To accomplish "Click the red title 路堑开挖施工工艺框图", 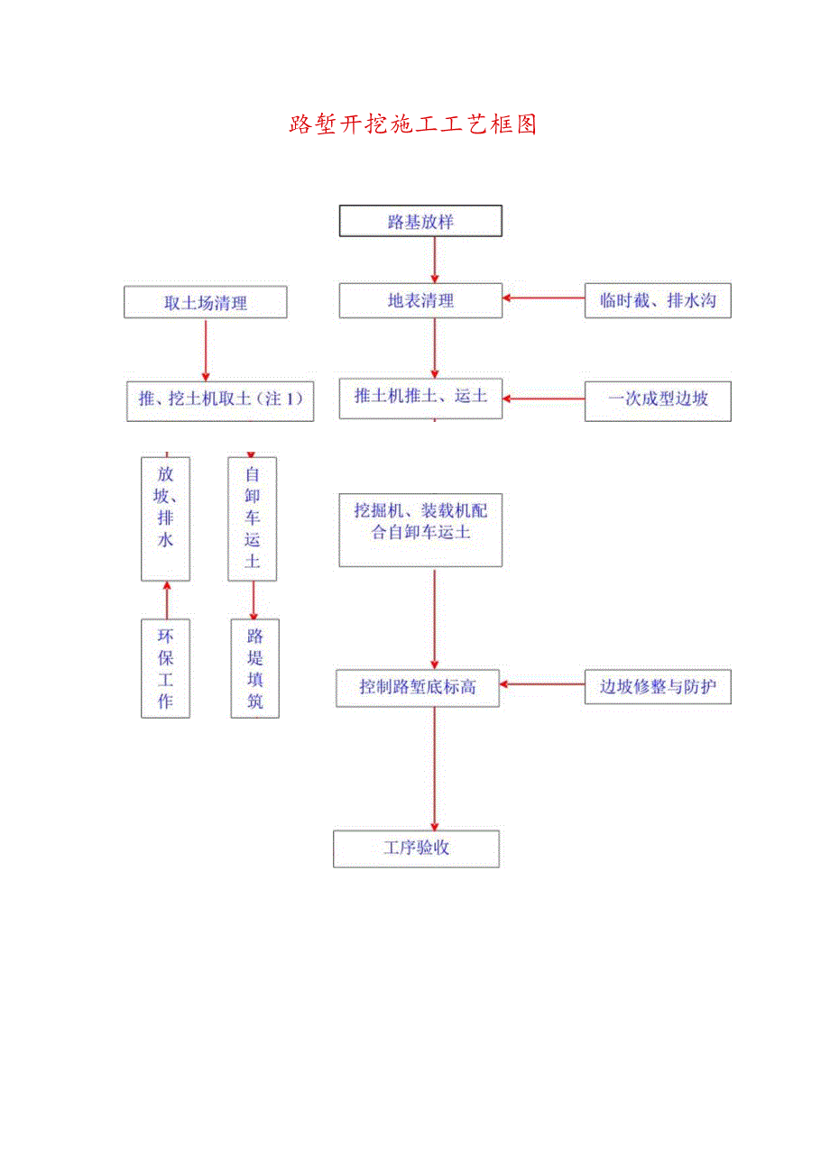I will click(413, 124).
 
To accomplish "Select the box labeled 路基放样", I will click(420, 222).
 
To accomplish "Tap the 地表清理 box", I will click(420, 301).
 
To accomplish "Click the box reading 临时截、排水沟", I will click(658, 301).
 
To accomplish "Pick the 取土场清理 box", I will click(206, 303).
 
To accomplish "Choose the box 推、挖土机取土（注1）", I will click(220, 399).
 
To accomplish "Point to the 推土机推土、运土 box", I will click(420, 397).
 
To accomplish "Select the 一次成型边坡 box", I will click(658, 399).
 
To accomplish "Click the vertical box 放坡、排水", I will click(166, 518).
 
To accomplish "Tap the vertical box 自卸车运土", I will click(253, 518).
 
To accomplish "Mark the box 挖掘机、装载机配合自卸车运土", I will click(420, 530).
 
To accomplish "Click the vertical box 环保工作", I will click(166, 668).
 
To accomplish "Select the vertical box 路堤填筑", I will click(254, 668).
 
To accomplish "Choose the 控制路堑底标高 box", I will click(418, 687).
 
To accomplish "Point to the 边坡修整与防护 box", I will click(658, 687).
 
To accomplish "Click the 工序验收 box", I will click(416, 848).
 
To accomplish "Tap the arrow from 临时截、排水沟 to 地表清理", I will click(544, 298).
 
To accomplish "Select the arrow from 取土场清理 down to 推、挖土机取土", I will click(206, 349).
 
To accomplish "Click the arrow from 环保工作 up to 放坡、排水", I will click(166, 600).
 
